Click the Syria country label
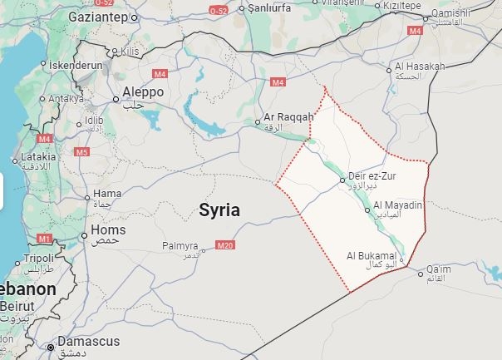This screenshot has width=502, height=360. coord(219,210)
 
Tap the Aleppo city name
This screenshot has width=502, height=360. coord(143,91)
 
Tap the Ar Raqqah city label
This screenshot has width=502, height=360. coord(285,117)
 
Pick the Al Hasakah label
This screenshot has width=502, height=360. coord(420,66)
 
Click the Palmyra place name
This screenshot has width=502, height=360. coord(180,246)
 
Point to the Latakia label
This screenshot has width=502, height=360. coord(39,155)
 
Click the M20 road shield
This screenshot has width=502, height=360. coord(224,245)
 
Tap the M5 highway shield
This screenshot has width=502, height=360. coord(81,152)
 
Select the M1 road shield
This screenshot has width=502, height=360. coord(44,239)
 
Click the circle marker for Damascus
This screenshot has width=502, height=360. coord(52,347)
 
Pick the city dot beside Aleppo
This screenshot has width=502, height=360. coord(116,99)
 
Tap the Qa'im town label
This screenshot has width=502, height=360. coord(437,269)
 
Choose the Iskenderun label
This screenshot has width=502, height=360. coord(76,64)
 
